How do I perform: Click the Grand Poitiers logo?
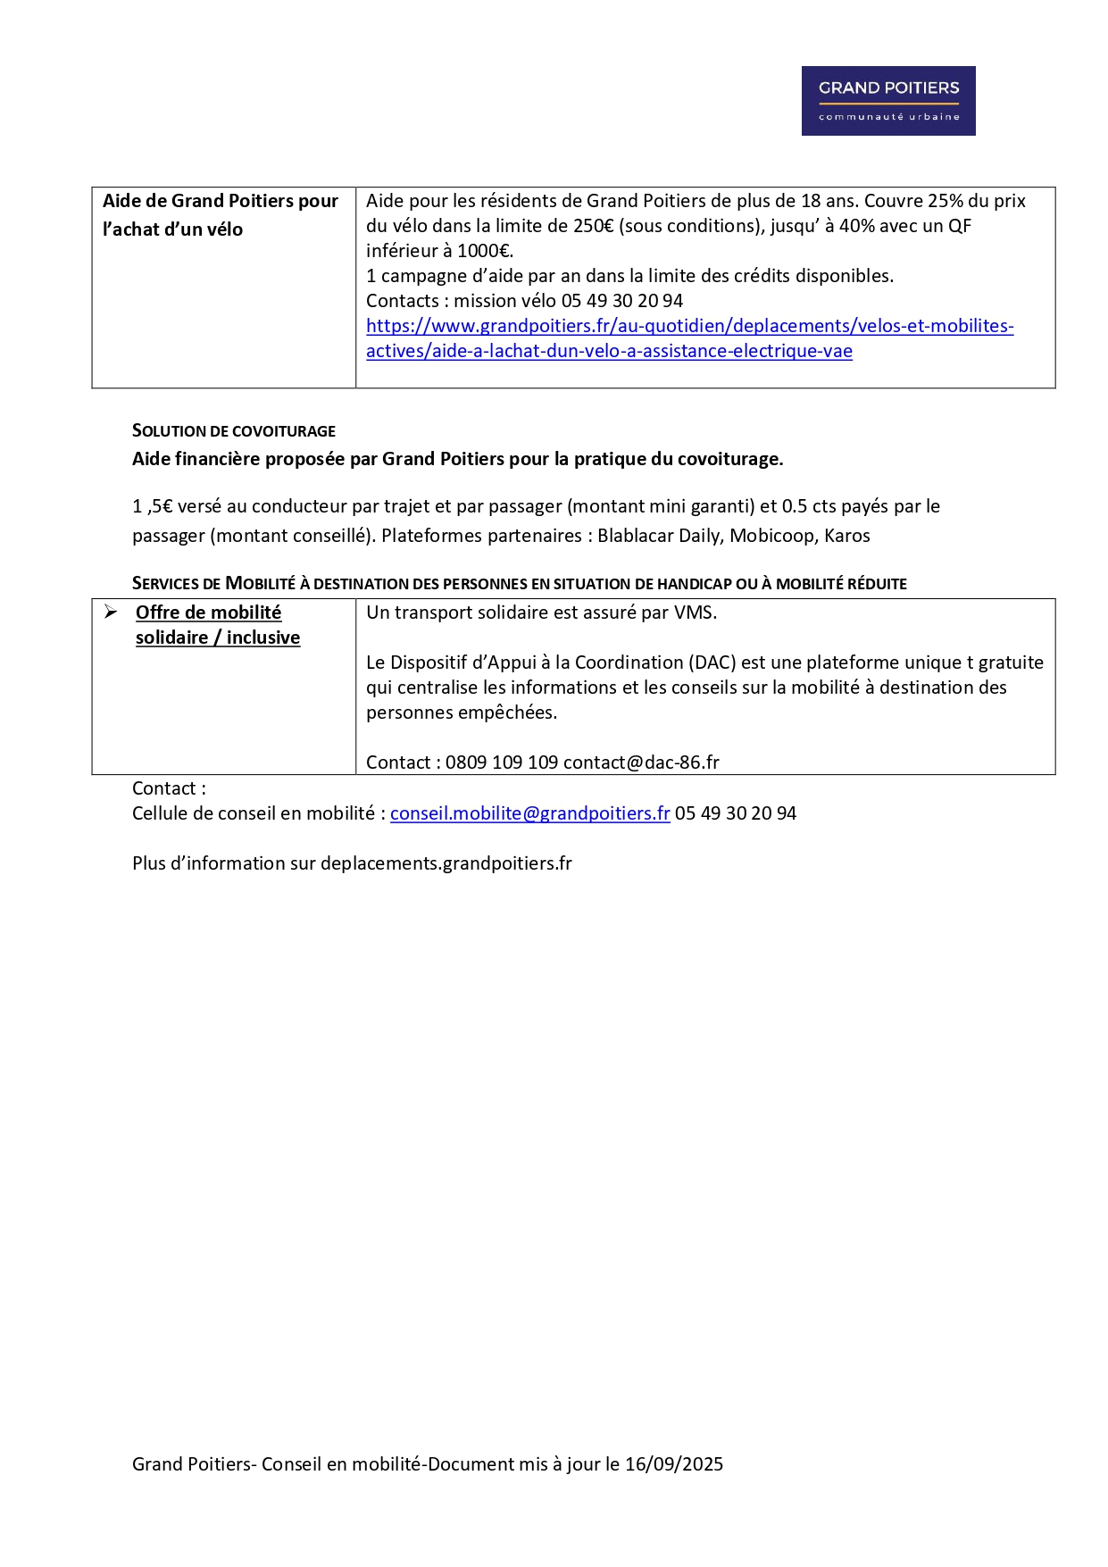(x=887, y=101)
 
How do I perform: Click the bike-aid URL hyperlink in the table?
(x=689, y=327)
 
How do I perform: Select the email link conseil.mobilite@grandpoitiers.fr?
(x=529, y=813)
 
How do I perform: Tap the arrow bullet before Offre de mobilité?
(x=111, y=613)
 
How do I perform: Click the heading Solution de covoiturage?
(x=234, y=431)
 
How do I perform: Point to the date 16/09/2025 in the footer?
(x=673, y=1464)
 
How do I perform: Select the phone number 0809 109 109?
(x=502, y=763)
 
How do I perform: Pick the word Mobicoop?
(x=771, y=536)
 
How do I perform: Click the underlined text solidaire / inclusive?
(x=218, y=638)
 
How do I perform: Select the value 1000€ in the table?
(x=484, y=251)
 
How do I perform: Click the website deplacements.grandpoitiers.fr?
(x=446, y=863)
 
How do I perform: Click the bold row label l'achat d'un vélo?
(x=172, y=229)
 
